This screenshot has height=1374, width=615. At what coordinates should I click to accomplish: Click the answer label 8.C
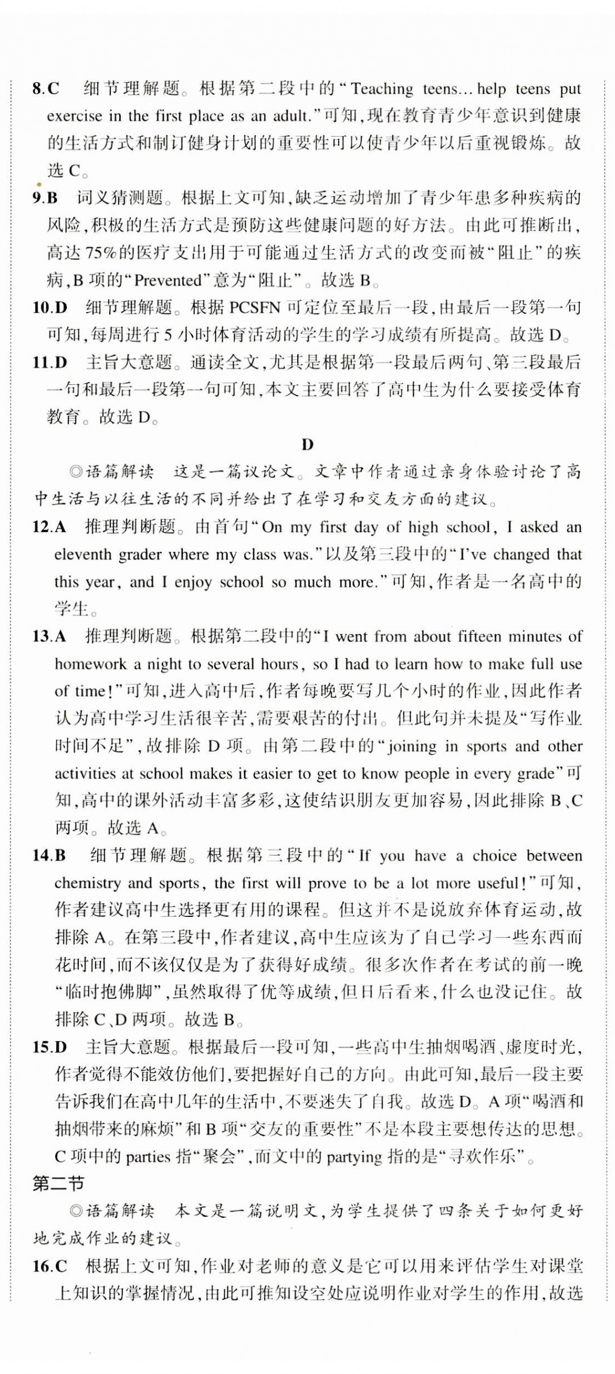point(46,88)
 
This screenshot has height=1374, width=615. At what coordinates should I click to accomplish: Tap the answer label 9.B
point(45,197)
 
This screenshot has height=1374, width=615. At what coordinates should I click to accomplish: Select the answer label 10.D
point(50,307)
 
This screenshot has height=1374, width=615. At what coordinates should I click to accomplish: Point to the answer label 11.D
point(50,362)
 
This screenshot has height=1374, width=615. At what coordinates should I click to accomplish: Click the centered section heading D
point(307,444)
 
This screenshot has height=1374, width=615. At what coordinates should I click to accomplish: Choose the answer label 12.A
point(49,527)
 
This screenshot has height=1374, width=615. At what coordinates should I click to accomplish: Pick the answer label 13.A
point(49,636)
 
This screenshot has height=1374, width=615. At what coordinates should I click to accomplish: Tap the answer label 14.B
point(49,855)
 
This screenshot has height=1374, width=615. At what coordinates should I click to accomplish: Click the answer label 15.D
point(50,1046)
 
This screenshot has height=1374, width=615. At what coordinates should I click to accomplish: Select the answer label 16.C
point(50,1266)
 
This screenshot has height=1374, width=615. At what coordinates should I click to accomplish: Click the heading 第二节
point(58,1184)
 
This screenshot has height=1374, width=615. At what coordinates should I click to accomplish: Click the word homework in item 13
point(90,664)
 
